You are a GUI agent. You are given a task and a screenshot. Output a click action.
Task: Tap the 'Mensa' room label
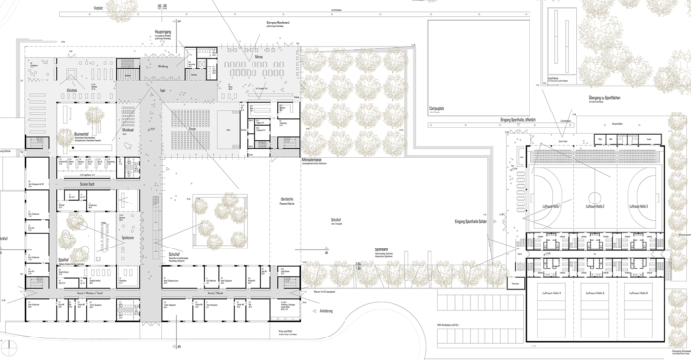click(x=259, y=58)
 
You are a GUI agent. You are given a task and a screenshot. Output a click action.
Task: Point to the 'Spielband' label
click(x=383, y=250)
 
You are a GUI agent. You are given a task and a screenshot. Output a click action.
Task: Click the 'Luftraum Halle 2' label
click(x=595, y=207)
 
